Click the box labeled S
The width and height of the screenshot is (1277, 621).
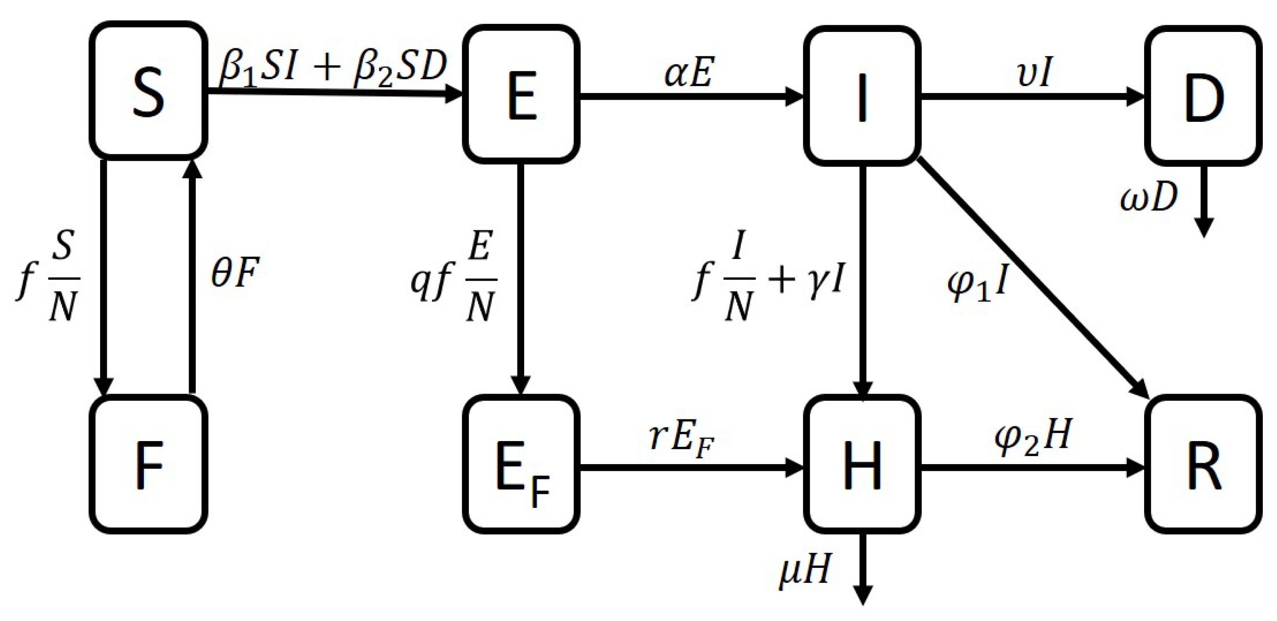click(149, 89)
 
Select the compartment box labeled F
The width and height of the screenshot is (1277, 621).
click(149, 464)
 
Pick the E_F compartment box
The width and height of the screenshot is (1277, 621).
click(522, 464)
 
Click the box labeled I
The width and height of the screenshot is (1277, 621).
click(863, 96)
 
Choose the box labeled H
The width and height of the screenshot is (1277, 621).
click(863, 464)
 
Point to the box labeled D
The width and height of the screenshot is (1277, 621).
click(1205, 96)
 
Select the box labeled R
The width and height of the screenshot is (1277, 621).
click(1205, 464)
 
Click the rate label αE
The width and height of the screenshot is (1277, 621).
click(689, 74)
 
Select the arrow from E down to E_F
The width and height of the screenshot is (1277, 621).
click(521, 278)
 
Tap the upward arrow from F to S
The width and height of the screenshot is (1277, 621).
click(192, 278)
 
